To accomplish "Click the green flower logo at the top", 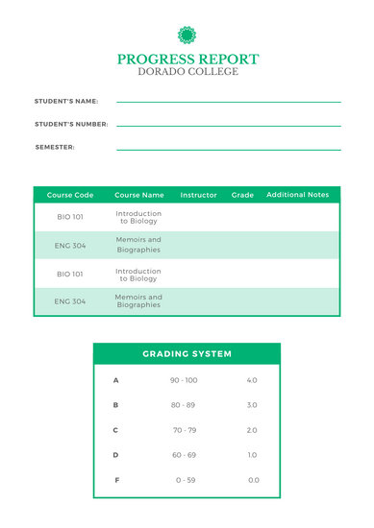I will point(187,36).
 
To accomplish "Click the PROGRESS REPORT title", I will point(187,60).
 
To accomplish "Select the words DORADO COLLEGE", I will point(187,72).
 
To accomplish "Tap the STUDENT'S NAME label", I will point(66,101).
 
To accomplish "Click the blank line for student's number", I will point(228,126).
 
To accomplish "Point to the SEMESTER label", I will point(55,147).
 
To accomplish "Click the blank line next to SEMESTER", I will point(228,149).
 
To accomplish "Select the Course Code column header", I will point(70,195).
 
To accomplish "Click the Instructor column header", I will point(199,195).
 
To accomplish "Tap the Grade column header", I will point(242,195).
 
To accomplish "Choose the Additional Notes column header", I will point(297,195).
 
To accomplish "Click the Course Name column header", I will point(139,195).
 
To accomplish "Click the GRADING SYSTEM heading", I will point(187,354).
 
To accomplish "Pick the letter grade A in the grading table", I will point(116,380).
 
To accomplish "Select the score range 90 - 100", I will point(184,380).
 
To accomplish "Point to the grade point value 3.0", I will point(252,405).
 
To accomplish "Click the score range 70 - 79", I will point(184,430).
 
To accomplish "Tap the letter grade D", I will point(116,455).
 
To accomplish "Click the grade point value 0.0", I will point(253,480).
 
